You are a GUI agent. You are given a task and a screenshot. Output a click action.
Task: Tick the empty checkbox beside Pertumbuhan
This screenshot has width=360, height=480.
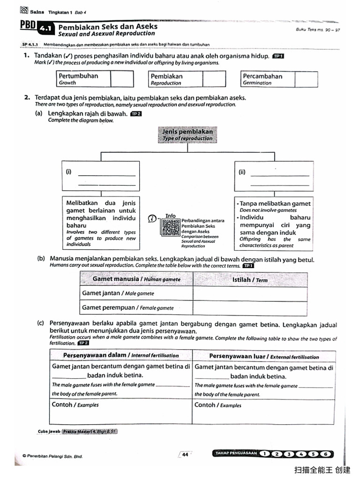[122, 79]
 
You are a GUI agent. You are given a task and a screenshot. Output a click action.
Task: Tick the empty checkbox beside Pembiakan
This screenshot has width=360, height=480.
[214, 79]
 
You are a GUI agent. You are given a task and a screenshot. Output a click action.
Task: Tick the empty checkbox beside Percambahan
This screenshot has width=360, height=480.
[306, 79]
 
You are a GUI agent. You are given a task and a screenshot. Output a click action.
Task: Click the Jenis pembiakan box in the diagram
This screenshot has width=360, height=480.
[187, 135]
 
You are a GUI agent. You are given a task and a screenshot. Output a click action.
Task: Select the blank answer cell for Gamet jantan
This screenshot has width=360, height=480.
[250, 293]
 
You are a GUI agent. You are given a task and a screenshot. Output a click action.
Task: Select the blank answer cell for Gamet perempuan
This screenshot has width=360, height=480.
[250, 307]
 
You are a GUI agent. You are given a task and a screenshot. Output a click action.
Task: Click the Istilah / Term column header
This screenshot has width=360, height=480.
[250, 280]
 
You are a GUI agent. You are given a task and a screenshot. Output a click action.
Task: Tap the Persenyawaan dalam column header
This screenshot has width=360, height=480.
[121, 355]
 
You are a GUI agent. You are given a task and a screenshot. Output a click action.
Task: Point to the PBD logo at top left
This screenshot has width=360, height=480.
[28, 26]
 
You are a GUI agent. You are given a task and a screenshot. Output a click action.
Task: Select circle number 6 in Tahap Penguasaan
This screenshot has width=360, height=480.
[326, 453]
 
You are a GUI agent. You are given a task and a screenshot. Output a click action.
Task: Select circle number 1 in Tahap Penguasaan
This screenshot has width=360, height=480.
[265, 453]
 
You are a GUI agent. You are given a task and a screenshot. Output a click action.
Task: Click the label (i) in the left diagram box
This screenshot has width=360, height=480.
[69, 172]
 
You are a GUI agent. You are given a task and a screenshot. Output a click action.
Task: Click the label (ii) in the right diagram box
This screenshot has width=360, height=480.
[242, 172]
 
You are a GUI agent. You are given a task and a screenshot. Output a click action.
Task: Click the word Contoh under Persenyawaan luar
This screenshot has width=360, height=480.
[204, 405]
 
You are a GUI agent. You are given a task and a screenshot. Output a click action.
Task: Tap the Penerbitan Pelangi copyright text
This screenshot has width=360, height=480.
[52, 456]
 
